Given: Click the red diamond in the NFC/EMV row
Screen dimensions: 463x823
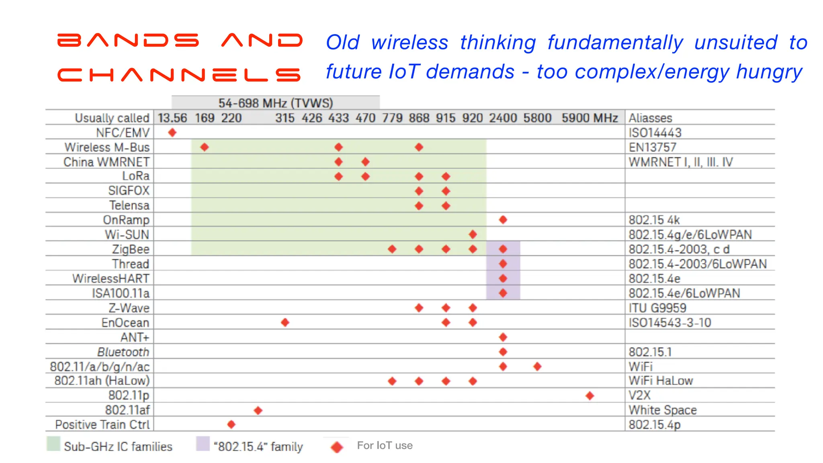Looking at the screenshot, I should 172,132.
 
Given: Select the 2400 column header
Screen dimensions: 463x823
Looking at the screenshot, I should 503,118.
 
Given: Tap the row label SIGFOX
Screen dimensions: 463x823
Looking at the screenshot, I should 129,191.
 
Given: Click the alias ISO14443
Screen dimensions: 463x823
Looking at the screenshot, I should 655,133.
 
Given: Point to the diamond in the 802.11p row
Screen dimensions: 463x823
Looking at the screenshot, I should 590,395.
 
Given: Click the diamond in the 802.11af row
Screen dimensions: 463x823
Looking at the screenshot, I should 258,410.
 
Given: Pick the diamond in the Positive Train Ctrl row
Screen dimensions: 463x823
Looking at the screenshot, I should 231,424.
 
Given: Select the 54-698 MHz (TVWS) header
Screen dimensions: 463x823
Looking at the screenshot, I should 276,103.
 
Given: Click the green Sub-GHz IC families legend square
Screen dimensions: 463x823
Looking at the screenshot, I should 53,444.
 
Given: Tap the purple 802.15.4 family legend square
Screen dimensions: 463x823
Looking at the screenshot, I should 203,444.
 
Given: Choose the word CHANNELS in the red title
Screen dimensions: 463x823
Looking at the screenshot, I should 179,75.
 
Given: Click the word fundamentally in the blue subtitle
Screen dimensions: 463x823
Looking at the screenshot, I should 615,43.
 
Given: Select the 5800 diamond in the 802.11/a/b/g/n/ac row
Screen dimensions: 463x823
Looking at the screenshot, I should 537,366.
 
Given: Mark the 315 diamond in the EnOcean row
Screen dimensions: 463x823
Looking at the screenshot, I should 285,322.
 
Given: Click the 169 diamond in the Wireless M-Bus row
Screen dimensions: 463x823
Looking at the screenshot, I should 204,147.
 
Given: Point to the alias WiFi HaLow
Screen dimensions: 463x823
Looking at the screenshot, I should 661,381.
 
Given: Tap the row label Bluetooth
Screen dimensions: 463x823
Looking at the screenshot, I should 123,352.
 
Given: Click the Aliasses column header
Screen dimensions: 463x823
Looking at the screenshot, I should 650,118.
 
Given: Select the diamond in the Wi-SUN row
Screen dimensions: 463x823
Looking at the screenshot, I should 473,234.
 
